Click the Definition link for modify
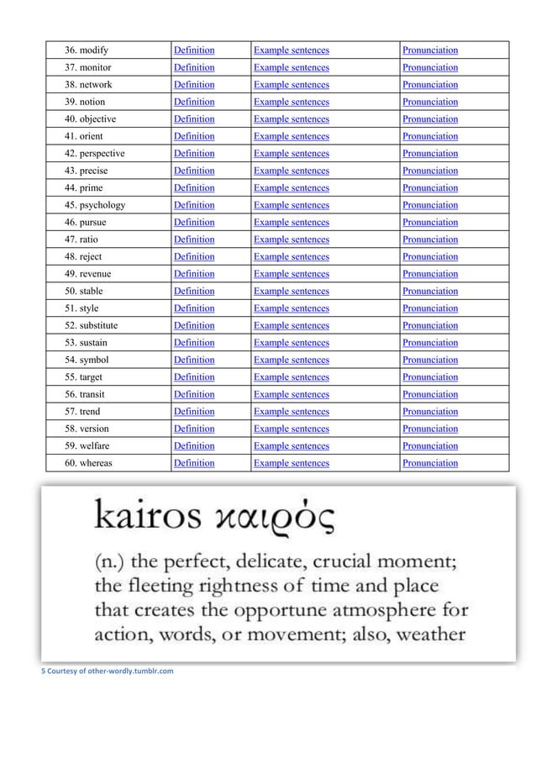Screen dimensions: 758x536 [x=193, y=50]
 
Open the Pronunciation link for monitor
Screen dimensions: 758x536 [x=430, y=67]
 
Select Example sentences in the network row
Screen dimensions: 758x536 [x=291, y=85]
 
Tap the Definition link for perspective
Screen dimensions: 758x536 [x=193, y=154]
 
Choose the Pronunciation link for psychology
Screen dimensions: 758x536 [x=430, y=205]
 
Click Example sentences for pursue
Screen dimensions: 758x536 [x=291, y=223]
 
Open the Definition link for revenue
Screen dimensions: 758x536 [x=193, y=274]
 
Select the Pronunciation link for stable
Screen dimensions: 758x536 [x=430, y=292]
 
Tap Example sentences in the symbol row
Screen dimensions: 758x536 [x=291, y=361]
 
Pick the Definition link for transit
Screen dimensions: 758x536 [x=193, y=395]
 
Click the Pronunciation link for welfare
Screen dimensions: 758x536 [x=430, y=446]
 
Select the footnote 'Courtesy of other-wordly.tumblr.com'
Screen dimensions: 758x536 [x=108, y=671]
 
